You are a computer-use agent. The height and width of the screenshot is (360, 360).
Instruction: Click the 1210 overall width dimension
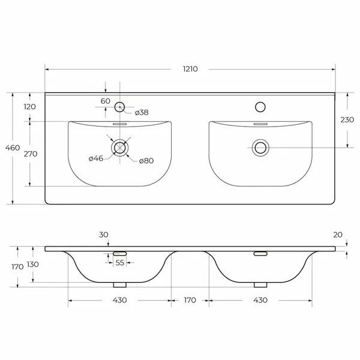[190, 69]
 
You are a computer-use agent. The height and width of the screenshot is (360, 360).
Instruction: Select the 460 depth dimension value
[13, 148]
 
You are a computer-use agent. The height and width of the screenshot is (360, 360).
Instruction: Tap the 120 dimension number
[30, 107]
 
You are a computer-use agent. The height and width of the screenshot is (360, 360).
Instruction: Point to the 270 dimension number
[30, 154]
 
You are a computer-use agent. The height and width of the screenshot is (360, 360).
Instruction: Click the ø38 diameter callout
[142, 112]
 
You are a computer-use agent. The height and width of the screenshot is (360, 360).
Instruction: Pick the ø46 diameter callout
[96, 159]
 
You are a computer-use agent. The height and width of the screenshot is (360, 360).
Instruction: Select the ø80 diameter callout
[146, 160]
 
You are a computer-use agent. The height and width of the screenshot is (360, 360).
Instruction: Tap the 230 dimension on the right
[347, 119]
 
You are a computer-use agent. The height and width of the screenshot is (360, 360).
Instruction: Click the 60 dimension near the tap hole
[105, 101]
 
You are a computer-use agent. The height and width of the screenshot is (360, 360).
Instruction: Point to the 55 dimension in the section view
[119, 263]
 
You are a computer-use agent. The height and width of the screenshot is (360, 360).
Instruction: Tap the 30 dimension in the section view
[104, 235]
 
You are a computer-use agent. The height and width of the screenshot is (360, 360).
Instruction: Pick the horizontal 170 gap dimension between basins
[189, 300]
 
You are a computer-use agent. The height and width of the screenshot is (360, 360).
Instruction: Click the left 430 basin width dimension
[119, 300]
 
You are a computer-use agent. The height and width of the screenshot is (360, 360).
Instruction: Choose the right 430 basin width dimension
[260, 300]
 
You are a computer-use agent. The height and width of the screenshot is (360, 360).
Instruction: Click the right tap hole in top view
[260, 107]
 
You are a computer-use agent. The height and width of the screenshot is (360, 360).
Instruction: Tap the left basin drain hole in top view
[120, 147]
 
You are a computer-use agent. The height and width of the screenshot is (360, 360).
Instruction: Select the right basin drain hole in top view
[260, 147]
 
